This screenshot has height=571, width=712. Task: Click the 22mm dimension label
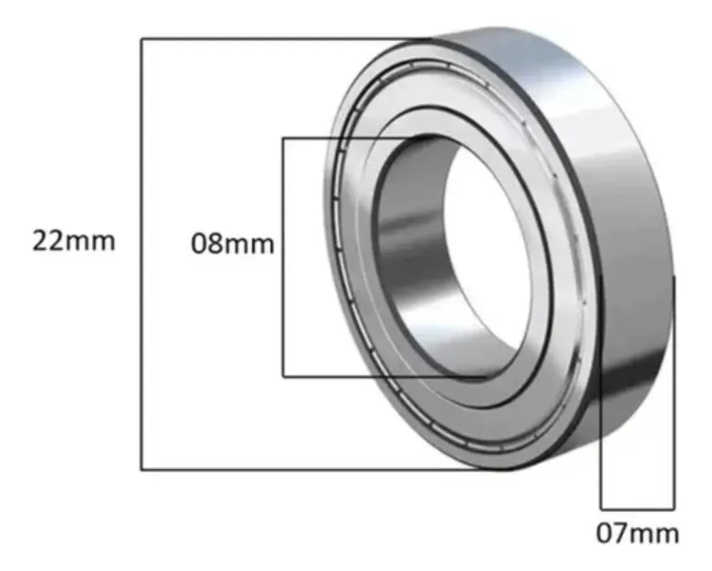(x=73, y=241)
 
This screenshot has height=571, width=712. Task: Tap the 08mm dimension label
(x=233, y=243)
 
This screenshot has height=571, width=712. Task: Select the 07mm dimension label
(x=637, y=533)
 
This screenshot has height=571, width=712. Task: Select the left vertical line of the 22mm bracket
(x=142, y=254)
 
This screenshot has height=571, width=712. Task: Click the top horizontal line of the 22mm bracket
(x=286, y=39)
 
